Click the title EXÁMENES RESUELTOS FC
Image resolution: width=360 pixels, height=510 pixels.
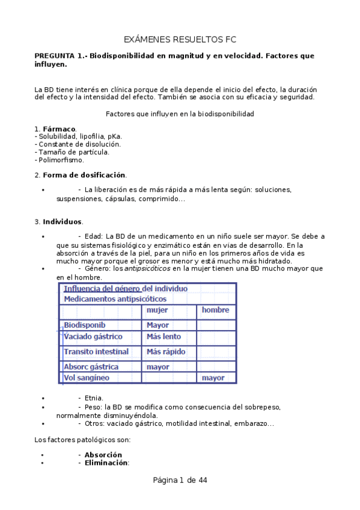click(x=180, y=40)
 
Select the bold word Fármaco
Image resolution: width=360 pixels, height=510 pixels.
click(x=59, y=129)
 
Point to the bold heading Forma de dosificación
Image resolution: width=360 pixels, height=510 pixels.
click(x=84, y=175)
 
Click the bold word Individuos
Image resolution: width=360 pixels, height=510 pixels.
click(x=63, y=221)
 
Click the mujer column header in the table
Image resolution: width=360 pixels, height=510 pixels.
click(x=157, y=310)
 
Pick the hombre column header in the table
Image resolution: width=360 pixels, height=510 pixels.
click(x=215, y=310)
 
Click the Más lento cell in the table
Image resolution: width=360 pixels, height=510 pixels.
click(x=163, y=337)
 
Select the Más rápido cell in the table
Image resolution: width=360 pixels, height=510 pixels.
click(x=166, y=352)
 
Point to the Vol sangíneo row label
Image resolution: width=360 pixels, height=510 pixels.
click(x=87, y=378)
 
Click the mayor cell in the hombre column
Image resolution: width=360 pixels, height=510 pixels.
click(x=213, y=378)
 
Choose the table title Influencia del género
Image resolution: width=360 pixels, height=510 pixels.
click(x=126, y=289)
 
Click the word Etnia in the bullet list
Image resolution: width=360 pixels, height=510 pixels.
click(x=94, y=398)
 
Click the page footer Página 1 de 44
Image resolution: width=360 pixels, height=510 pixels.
click(x=180, y=481)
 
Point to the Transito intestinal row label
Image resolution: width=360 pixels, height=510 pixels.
click(x=96, y=352)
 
